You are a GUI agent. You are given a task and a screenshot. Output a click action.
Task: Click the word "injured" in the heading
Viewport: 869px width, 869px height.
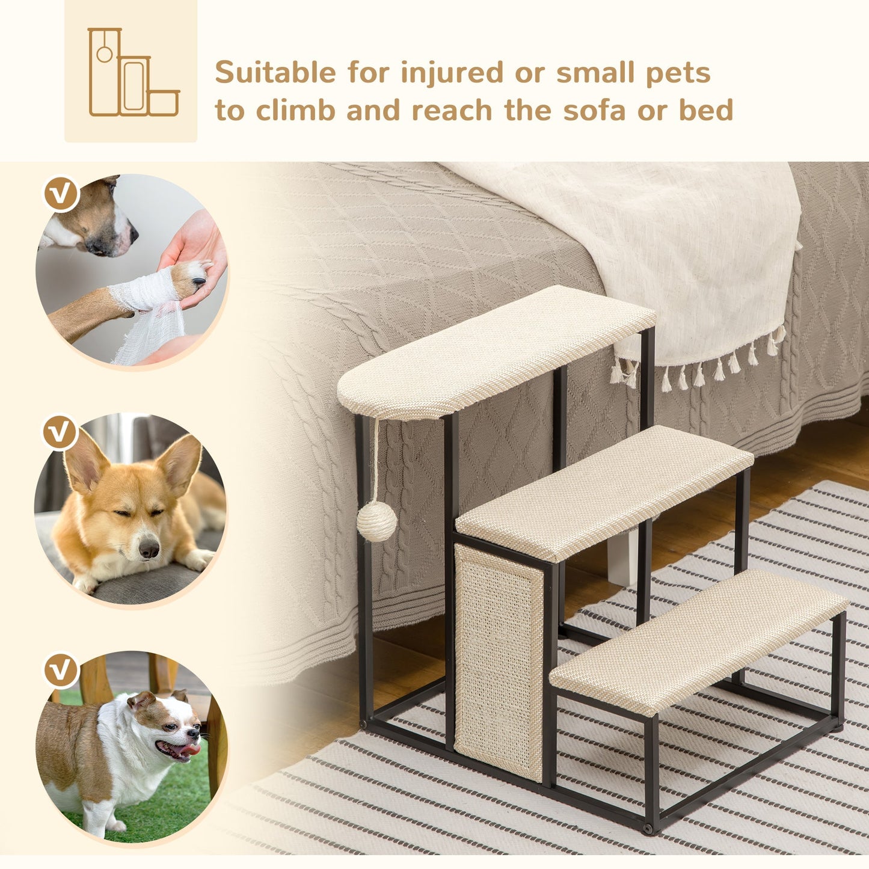pyautogui.click(x=452, y=73)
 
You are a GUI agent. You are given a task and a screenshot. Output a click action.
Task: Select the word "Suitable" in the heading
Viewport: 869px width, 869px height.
pyautogui.click(x=275, y=73)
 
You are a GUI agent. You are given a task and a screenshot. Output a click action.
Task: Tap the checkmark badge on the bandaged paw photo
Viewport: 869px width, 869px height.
pyautogui.click(x=62, y=193)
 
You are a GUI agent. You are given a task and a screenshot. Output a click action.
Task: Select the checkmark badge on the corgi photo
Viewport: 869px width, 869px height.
pyautogui.click(x=60, y=432)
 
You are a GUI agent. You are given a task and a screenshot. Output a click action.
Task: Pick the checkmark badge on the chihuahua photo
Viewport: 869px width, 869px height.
pyautogui.click(x=61, y=671)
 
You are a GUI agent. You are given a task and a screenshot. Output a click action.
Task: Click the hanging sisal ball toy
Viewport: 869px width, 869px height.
pyautogui.click(x=376, y=521)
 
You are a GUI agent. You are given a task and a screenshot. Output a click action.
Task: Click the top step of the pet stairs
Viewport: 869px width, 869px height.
pyautogui.click(x=496, y=351)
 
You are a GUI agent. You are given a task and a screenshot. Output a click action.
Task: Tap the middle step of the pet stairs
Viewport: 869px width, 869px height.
pyautogui.click(x=604, y=491)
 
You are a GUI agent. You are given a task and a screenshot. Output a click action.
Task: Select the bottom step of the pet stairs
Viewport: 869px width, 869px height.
pyautogui.click(x=698, y=640)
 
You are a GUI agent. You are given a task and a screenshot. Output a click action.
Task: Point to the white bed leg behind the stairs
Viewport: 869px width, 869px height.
pyautogui.click(x=622, y=559)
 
